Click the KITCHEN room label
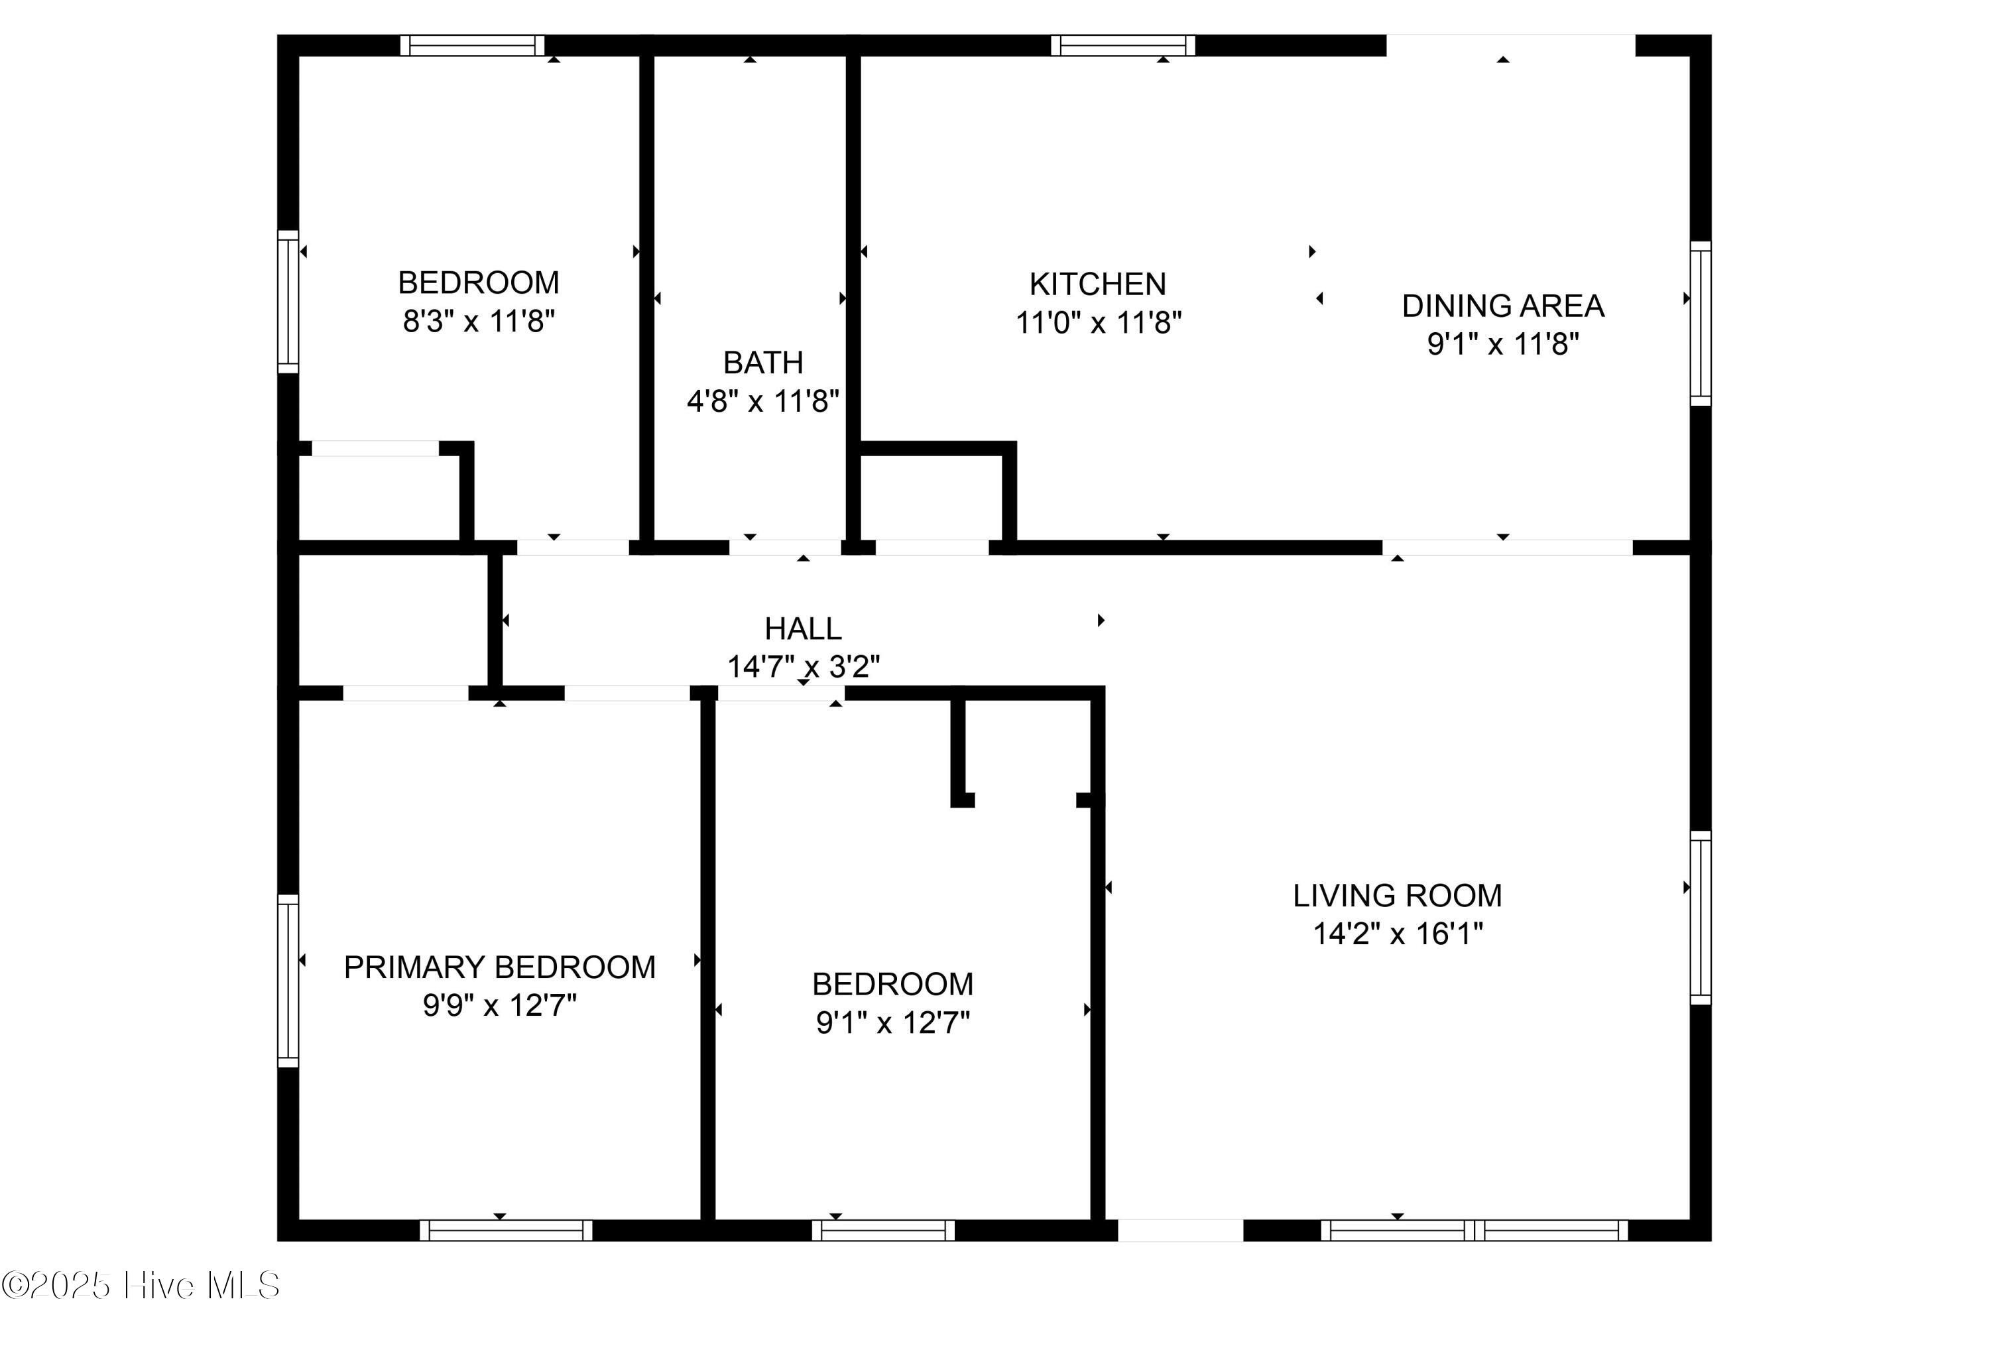[x=1097, y=284]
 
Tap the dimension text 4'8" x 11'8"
[x=762, y=400]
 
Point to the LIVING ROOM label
[x=1397, y=896]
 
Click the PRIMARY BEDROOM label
[x=500, y=967]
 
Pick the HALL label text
[x=803, y=629]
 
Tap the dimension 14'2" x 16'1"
[x=1397, y=934]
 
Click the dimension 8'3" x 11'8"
[x=479, y=322]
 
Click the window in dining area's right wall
[x=1700, y=323]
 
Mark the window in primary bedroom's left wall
[x=288, y=981]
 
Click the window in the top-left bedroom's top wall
[x=473, y=45]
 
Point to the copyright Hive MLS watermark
[x=141, y=1285]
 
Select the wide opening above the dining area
[x=1510, y=44]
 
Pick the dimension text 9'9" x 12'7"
[x=500, y=1005]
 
